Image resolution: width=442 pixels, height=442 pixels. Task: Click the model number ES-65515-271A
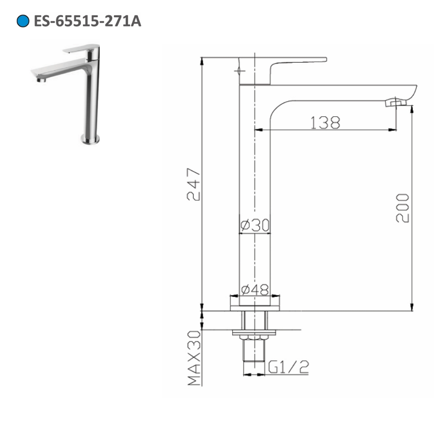click(x=87, y=21)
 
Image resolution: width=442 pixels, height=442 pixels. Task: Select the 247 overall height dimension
click(x=193, y=184)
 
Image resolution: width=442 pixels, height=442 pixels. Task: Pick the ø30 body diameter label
click(x=255, y=226)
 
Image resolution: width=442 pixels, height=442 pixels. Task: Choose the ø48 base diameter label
click(x=255, y=290)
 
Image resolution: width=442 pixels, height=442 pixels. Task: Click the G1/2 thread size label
click(x=288, y=367)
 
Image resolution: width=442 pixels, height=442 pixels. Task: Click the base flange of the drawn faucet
click(x=255, y=303)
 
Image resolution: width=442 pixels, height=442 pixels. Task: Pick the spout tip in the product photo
click(x=42, y=80)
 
